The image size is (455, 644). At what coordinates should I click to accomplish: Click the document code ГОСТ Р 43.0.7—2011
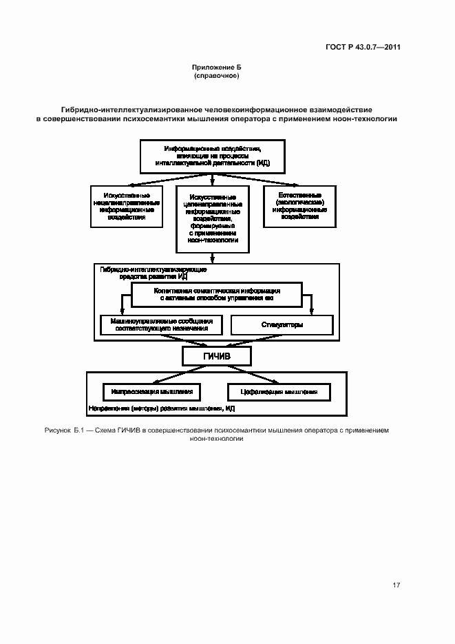tap(363, 48)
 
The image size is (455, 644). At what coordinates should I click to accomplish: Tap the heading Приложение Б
tap(216, 67)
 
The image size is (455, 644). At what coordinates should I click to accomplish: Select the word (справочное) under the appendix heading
tap(216, 75)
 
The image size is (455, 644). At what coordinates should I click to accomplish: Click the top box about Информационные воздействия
tap(211, 157)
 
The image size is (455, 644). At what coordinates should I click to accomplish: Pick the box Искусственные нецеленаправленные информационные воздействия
tap(127, 206)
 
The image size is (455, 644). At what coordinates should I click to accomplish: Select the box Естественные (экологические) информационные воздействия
tap(299, 206)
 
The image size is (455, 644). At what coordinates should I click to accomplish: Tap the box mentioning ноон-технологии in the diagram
tap(213, 218)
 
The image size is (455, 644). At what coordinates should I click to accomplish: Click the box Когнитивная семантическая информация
tap(216, 295)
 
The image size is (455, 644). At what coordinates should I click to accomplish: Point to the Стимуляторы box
tap(282, 324)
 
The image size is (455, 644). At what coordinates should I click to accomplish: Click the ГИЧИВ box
tap(216, 356)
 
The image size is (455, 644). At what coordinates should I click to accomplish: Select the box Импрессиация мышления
tap(151, 391)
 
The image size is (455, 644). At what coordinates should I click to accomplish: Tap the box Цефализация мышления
tap(279, 391)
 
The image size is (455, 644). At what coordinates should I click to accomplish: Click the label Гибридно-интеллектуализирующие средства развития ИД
tap(144, 273)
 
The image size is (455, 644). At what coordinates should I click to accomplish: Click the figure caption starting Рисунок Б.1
tap(217, 434)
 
